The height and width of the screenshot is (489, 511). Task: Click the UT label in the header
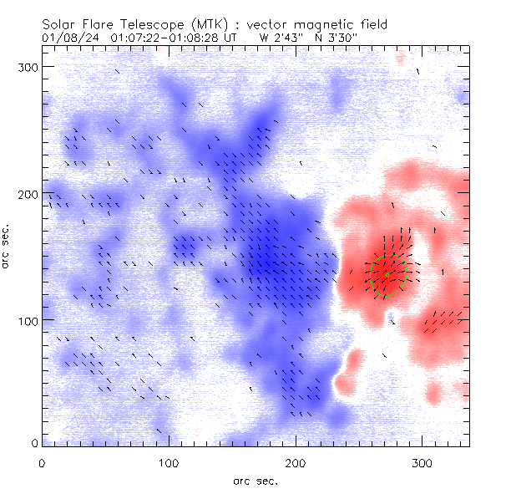pyautogui.click(x=231, y=38)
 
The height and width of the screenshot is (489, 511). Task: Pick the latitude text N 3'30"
pyautogui.click(x=335, y=38)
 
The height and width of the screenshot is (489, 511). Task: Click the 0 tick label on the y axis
pyautogui.click(x=33, y=443)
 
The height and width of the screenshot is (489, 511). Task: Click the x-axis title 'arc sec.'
pyautogui.click(x=255, y=480)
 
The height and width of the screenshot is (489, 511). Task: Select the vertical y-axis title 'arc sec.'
pyautogui.click(x=8, y=247)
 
